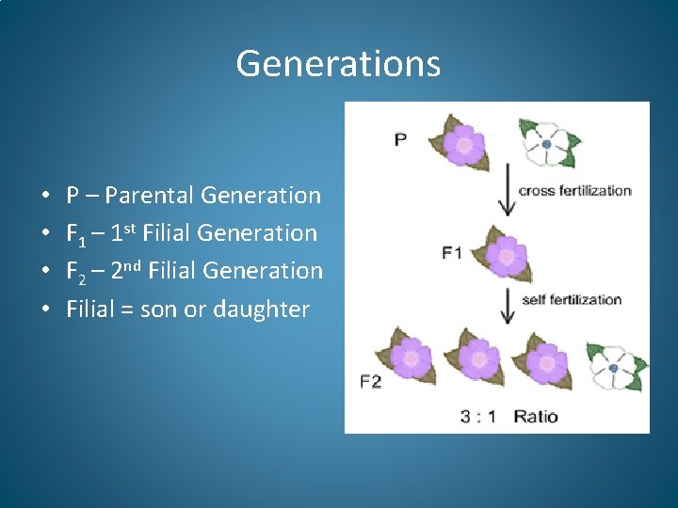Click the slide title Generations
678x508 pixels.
click(x=338, y=64)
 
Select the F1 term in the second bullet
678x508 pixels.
click(x=78, y=233)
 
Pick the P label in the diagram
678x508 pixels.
click(x=400, y=139)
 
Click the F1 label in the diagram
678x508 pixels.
click(x=452, y=252)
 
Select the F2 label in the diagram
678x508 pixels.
click(x=371, y=381)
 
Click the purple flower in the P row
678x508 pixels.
click(x=460, y=144)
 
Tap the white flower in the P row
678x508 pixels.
click(x=548, y=143)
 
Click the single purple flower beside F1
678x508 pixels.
click(x=507, y=255)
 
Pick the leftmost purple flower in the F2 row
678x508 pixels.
click(x=410, y=357)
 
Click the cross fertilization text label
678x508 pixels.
click(x=574, y=190)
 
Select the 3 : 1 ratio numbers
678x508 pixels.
click(x=477, y=416)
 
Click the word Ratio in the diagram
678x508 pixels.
click(x=535, y=416)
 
